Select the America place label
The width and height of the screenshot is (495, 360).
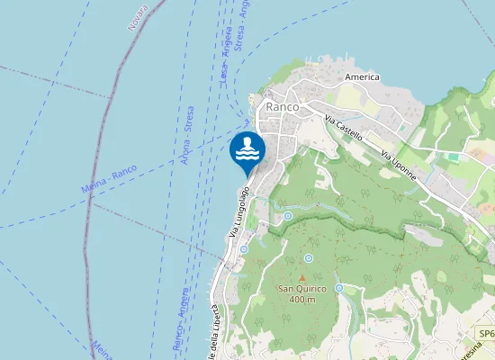pos(362,78)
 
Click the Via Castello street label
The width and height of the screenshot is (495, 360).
pos(344,128)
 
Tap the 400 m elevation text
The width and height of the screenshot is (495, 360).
pos(302,299)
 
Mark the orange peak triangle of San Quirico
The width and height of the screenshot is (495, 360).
pos(302,277)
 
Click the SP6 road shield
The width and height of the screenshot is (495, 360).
pos(486,334)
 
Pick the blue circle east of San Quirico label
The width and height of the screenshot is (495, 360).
pos(339,287)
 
